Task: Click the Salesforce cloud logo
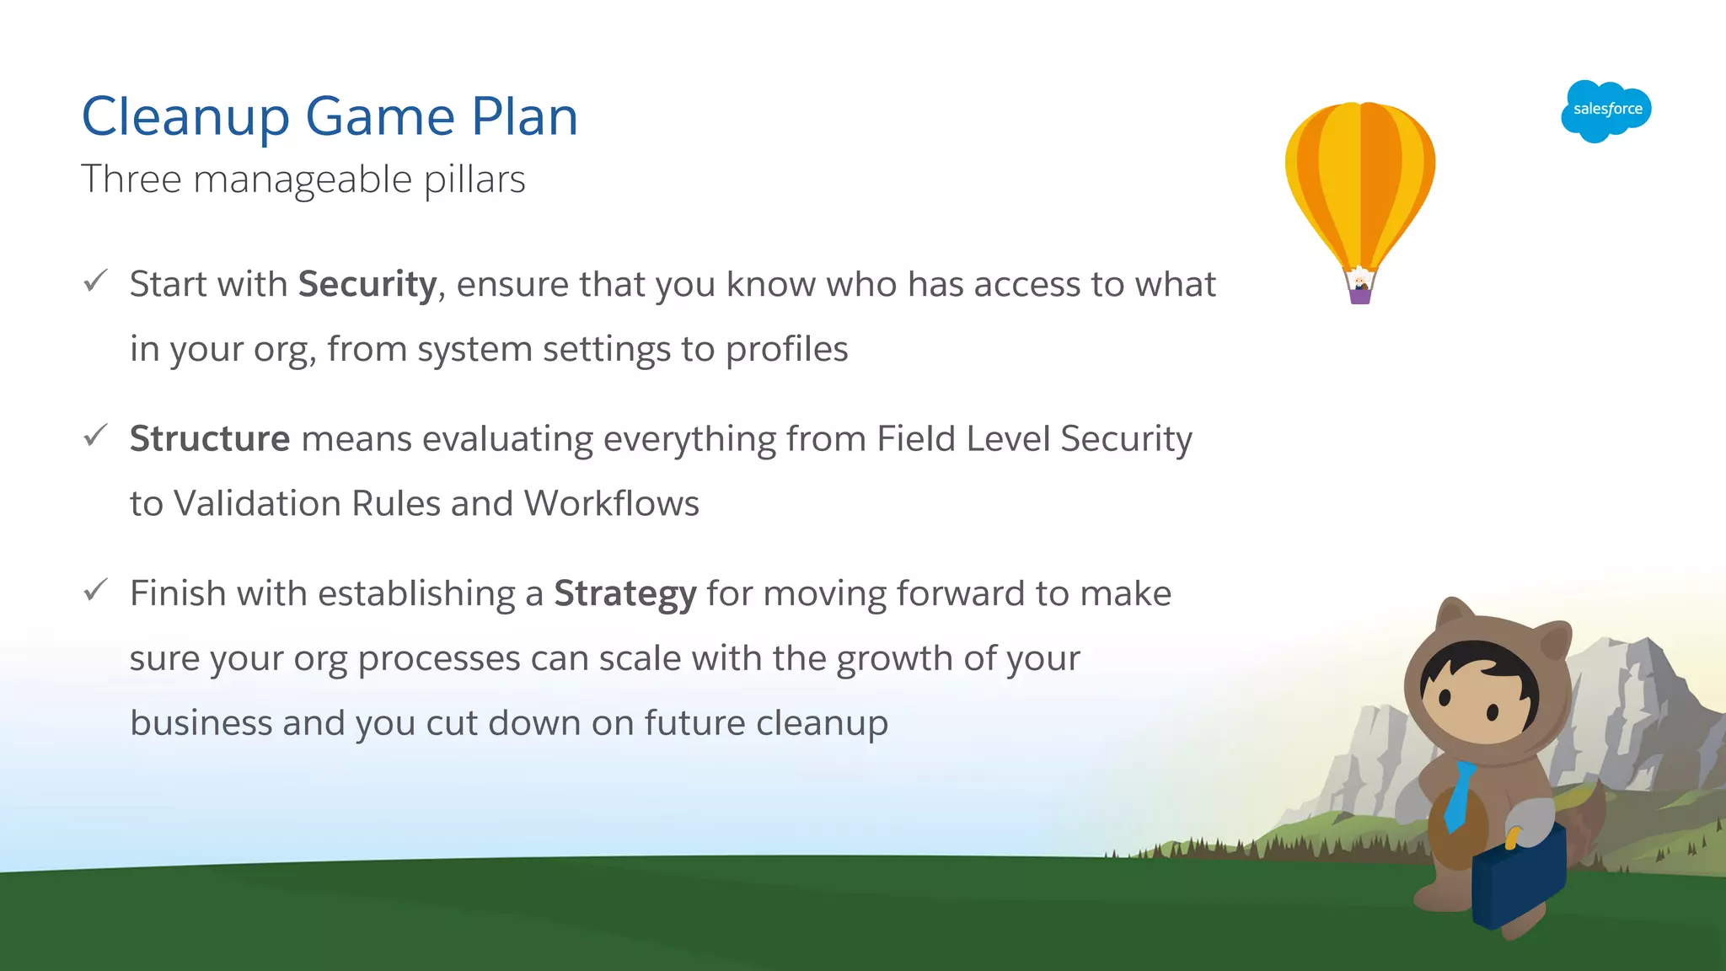pyautogui.click(x=1605, y=110)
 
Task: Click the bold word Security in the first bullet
pyautogui.click(x=367, y=284)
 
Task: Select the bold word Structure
pyautogui.click(x=210, y=439)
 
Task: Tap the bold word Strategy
pyautogui.click(x=624, y=594)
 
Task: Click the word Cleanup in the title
pyautogui.click(x=185, y=117)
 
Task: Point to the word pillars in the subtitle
pyautogui.click(x=474, y=180)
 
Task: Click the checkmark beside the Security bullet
pyautogui.click(x=96, y=281)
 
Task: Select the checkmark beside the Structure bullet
pyautogui.click(x=96, y=436)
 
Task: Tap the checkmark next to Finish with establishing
pyautogui.click(x=96, y=590)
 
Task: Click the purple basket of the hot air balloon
pyautogui.click(x=1360, y=296)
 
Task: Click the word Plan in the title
pyautogui.click(x=524, y=117)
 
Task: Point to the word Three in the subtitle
pyautogui.click(x=131, y=180)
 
